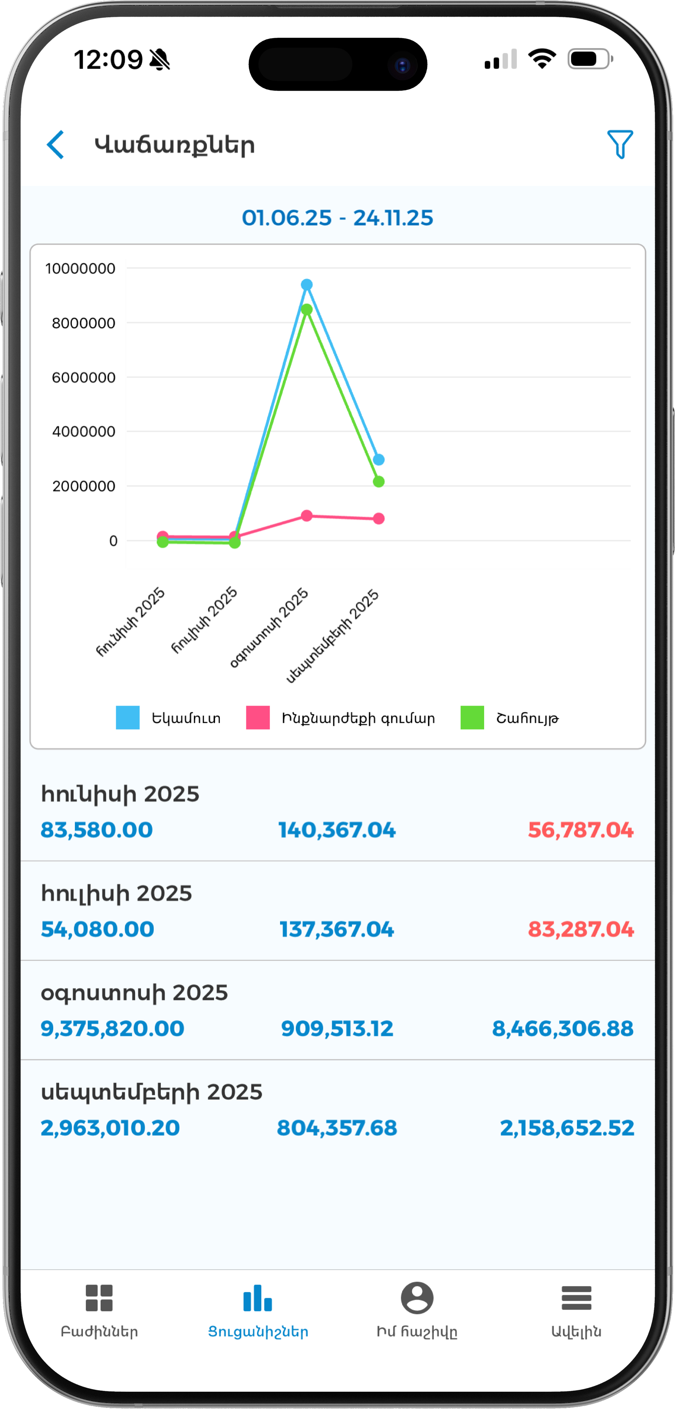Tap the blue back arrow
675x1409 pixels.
pos(56,145)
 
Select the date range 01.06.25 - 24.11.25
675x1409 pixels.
pos(338,218)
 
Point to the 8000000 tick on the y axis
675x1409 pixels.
pos(83,323)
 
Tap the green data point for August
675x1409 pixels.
pos(307,310)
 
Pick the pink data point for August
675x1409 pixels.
pos(307,516)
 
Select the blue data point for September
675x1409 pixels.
pos(378,459)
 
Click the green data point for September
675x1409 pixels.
pos(378,482)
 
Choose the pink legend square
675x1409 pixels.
pos(258,718)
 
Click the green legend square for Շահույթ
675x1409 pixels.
pos(472,718)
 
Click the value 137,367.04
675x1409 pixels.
pos(337,929)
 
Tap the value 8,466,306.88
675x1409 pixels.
pos(563,1028)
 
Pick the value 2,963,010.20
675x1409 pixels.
pos(110,1128)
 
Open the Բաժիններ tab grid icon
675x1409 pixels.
pos(99,1298)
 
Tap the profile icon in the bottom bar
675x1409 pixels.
pos(417,1297)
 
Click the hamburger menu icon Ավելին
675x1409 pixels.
pos(576,1298)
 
